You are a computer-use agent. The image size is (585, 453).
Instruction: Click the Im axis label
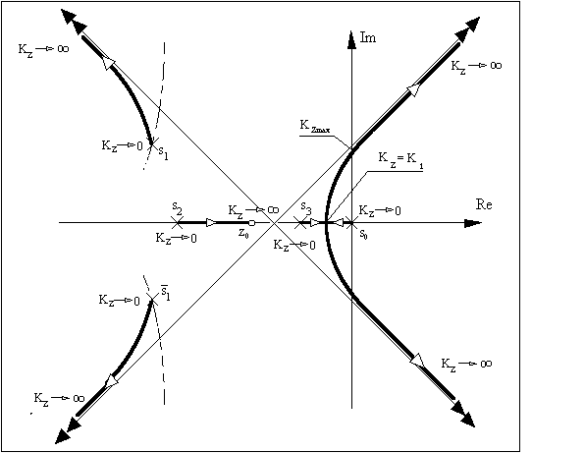pos(368,37)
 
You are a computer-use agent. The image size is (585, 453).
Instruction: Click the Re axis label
pos(484,204)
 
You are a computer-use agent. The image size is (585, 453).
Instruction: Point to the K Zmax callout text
pos(315,126)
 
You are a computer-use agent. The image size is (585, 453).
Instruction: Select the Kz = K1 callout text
pos(400,160)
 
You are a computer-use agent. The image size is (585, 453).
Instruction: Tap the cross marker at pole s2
pos(177,223)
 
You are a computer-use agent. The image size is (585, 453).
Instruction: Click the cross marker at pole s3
pos(300,223)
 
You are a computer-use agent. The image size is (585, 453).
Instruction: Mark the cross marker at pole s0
pos(351,223)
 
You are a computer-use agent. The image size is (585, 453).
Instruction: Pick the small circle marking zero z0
pos(252,223)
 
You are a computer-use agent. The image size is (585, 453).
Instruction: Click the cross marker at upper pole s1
pos(152,143)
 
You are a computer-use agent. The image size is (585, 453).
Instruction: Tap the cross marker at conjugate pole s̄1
pos(152,300)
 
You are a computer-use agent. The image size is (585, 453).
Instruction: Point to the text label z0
pos(242,233)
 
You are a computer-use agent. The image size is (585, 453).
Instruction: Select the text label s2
pos(178,207)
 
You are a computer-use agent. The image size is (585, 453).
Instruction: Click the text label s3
pos(306,207)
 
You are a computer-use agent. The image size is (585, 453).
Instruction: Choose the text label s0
pos(363,234)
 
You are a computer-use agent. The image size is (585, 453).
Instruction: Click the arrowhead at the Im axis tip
pos(351,39)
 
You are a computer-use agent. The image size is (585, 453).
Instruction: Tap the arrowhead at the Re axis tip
pos(473,223)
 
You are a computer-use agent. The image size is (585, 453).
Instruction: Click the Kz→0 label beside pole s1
pos(122,145)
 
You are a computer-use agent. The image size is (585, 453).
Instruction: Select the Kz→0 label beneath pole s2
pos(176,238)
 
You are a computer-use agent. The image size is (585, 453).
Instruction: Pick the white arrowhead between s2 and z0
pos(211,223)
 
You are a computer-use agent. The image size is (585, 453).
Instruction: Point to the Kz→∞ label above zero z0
pos(253,210)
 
